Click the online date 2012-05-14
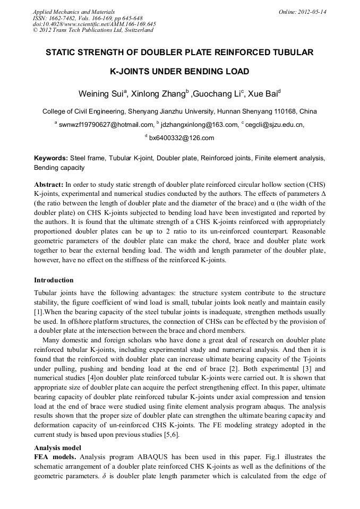pos(311,11)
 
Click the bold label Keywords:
pos(51,158)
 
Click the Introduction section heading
pos(54,280)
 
